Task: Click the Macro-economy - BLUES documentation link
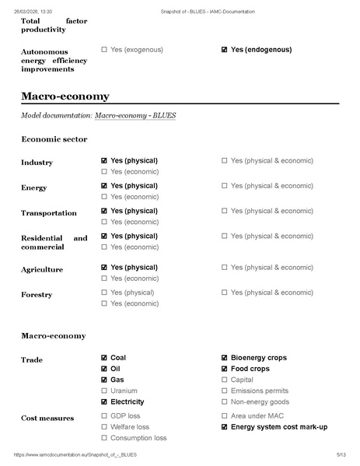[135, 116]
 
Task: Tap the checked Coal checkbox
[104, 358]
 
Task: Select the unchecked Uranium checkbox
[104, 391]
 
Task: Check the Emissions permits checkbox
[225, 391]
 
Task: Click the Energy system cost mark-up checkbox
[225, 427]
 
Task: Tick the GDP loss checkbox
[104, 416]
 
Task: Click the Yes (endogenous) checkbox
[225, 50]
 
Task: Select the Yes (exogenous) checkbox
[104, 50]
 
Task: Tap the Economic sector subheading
[54, 139]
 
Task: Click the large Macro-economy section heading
[65, 96]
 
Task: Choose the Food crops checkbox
[225, 369]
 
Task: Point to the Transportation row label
[49, 213]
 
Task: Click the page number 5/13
[341, 454]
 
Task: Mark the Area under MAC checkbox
[225, 416]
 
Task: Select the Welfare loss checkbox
[104, 427]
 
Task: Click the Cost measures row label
[47, 419]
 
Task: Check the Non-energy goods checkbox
[225, 402]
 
